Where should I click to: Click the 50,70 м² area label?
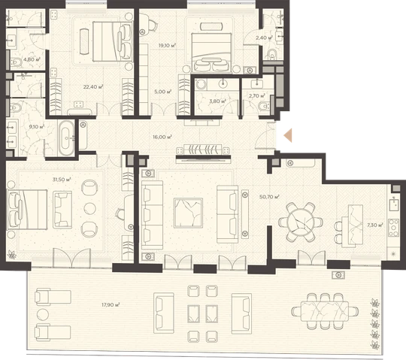click(269, 197)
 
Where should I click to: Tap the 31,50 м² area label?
click(62, 180)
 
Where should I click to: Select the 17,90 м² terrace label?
click(111, 305)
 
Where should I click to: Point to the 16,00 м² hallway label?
click(162, 137)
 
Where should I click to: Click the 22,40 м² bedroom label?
click(93, 86)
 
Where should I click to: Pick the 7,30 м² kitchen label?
click(374, 225)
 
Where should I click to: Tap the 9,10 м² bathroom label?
click(37, 127)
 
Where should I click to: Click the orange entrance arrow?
click(288, 135)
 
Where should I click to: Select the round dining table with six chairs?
click(301, 222)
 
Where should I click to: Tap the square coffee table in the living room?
click(188, 213)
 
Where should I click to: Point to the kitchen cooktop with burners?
click(393, 228)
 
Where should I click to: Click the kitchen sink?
click(394, 204)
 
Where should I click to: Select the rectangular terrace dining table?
click(325, 311)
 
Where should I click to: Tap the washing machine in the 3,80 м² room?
click(201, 85)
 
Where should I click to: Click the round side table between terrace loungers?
click(43, 314)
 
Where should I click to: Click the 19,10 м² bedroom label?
click(167, 46)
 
